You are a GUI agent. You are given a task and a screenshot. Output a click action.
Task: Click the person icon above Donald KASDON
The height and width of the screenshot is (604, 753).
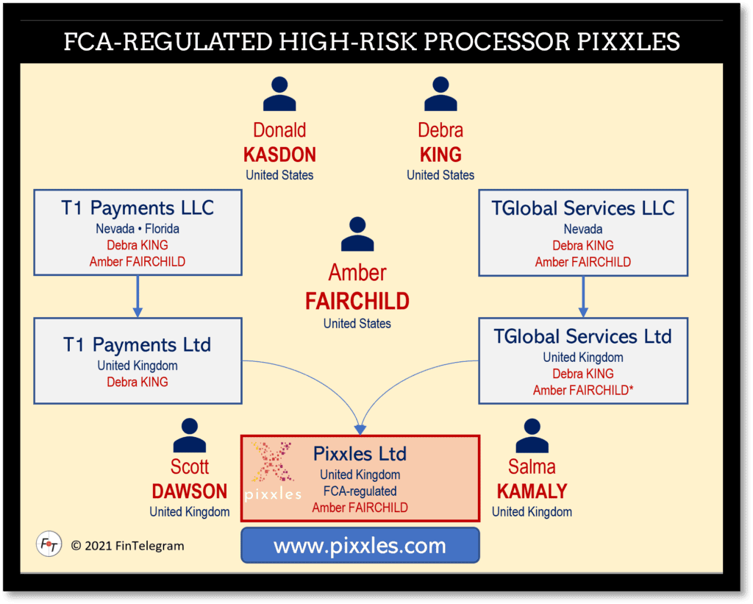(279, 95)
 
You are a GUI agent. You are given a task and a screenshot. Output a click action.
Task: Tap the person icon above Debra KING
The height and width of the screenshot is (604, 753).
(440, 95)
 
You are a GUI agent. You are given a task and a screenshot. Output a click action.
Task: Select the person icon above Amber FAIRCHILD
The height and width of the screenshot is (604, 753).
(357, 235)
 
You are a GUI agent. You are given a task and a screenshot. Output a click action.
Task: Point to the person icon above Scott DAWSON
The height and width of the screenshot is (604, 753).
(190, 436)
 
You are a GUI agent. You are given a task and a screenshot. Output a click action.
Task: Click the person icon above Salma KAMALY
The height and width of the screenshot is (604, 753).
(532, 436)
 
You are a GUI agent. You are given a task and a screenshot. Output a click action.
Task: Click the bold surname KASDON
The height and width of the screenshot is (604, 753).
(279, 155)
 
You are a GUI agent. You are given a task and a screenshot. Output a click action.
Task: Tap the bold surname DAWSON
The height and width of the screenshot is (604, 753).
(190, 491)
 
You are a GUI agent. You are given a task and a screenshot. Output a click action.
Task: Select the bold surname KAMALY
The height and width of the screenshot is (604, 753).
(532, 491)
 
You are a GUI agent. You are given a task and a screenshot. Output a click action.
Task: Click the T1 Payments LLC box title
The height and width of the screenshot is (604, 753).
(138, 207)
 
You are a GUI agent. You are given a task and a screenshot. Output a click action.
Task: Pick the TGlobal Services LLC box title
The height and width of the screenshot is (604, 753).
(583, 207)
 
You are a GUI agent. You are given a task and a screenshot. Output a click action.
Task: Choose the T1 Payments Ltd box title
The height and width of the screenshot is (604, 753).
(138, 344)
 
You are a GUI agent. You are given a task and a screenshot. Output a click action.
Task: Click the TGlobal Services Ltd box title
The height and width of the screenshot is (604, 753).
(583, 337)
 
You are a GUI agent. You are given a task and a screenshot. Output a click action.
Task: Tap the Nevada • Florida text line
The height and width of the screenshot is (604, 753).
(138, 229)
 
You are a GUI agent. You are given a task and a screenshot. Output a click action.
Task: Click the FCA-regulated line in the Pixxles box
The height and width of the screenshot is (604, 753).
(360, 491)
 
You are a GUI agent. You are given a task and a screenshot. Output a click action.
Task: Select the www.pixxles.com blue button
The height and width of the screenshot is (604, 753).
(360, 546)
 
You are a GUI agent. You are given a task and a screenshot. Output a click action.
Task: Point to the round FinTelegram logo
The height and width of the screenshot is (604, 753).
(49, 544)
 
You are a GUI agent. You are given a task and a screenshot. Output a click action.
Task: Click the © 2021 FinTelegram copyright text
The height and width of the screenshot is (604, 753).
(127, 546)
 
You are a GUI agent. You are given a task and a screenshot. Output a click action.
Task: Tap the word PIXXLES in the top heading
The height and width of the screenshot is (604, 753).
(627, 41)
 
